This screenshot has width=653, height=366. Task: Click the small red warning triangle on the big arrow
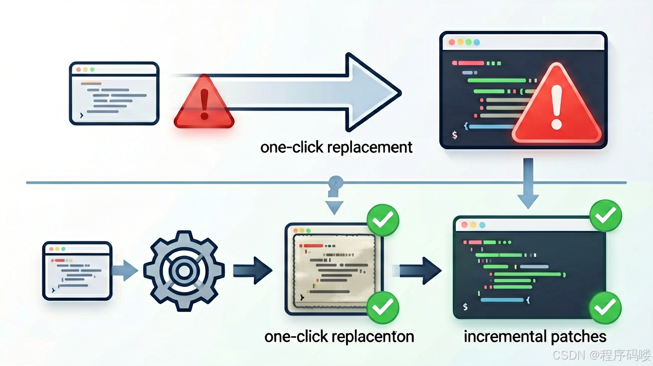click(204, 102)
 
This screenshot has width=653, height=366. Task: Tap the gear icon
click(184, 271)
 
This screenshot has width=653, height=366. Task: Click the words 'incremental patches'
click(535, 337)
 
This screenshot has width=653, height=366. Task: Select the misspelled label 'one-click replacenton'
click(339, 337)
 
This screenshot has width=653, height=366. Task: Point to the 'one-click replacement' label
click(336, 147)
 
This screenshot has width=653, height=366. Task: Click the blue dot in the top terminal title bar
click(477, 42)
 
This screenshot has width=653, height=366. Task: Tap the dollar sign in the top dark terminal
click(454, 135)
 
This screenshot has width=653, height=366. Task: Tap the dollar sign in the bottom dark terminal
click(465, 306)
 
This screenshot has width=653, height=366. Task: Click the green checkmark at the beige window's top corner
click(383, 220)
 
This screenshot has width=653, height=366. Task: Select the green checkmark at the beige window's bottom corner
click(382, 307)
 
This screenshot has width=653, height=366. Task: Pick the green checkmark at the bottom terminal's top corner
click(606, 216)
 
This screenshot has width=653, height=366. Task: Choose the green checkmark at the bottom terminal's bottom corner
click(605, 308)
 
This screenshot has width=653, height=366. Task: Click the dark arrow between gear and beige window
click(253, 271)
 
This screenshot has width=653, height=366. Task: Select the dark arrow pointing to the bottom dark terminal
click(420, 271)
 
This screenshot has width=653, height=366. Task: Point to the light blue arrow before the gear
click(125, 271)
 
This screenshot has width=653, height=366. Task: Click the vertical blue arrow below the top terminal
click(528, 183)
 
